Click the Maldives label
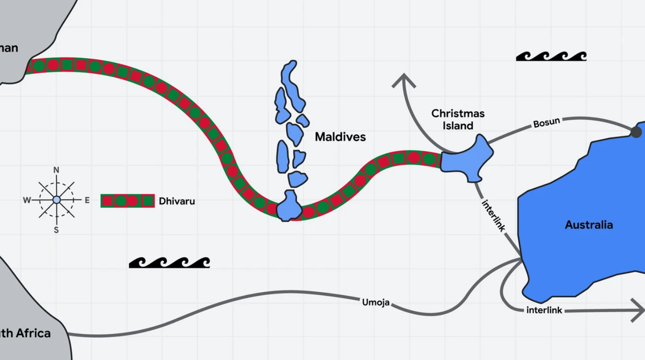[340, 137]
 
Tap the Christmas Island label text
[458, 119]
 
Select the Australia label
[589, 225]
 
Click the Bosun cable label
[546, 122]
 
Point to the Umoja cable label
[376, 302]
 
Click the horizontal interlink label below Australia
[544, 310]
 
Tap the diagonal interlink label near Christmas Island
[493, 216]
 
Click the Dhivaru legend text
[177, 201]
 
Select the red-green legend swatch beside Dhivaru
[128, 201]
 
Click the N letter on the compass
[56, 170]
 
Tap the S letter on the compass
[56, 230]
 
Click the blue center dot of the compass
[56, 200]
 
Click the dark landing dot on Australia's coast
[636, 132]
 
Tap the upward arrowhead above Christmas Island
[403, 81]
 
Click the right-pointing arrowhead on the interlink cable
[638, 310]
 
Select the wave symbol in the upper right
[551, 56]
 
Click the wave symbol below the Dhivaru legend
[170, 262]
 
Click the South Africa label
[25, 333]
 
